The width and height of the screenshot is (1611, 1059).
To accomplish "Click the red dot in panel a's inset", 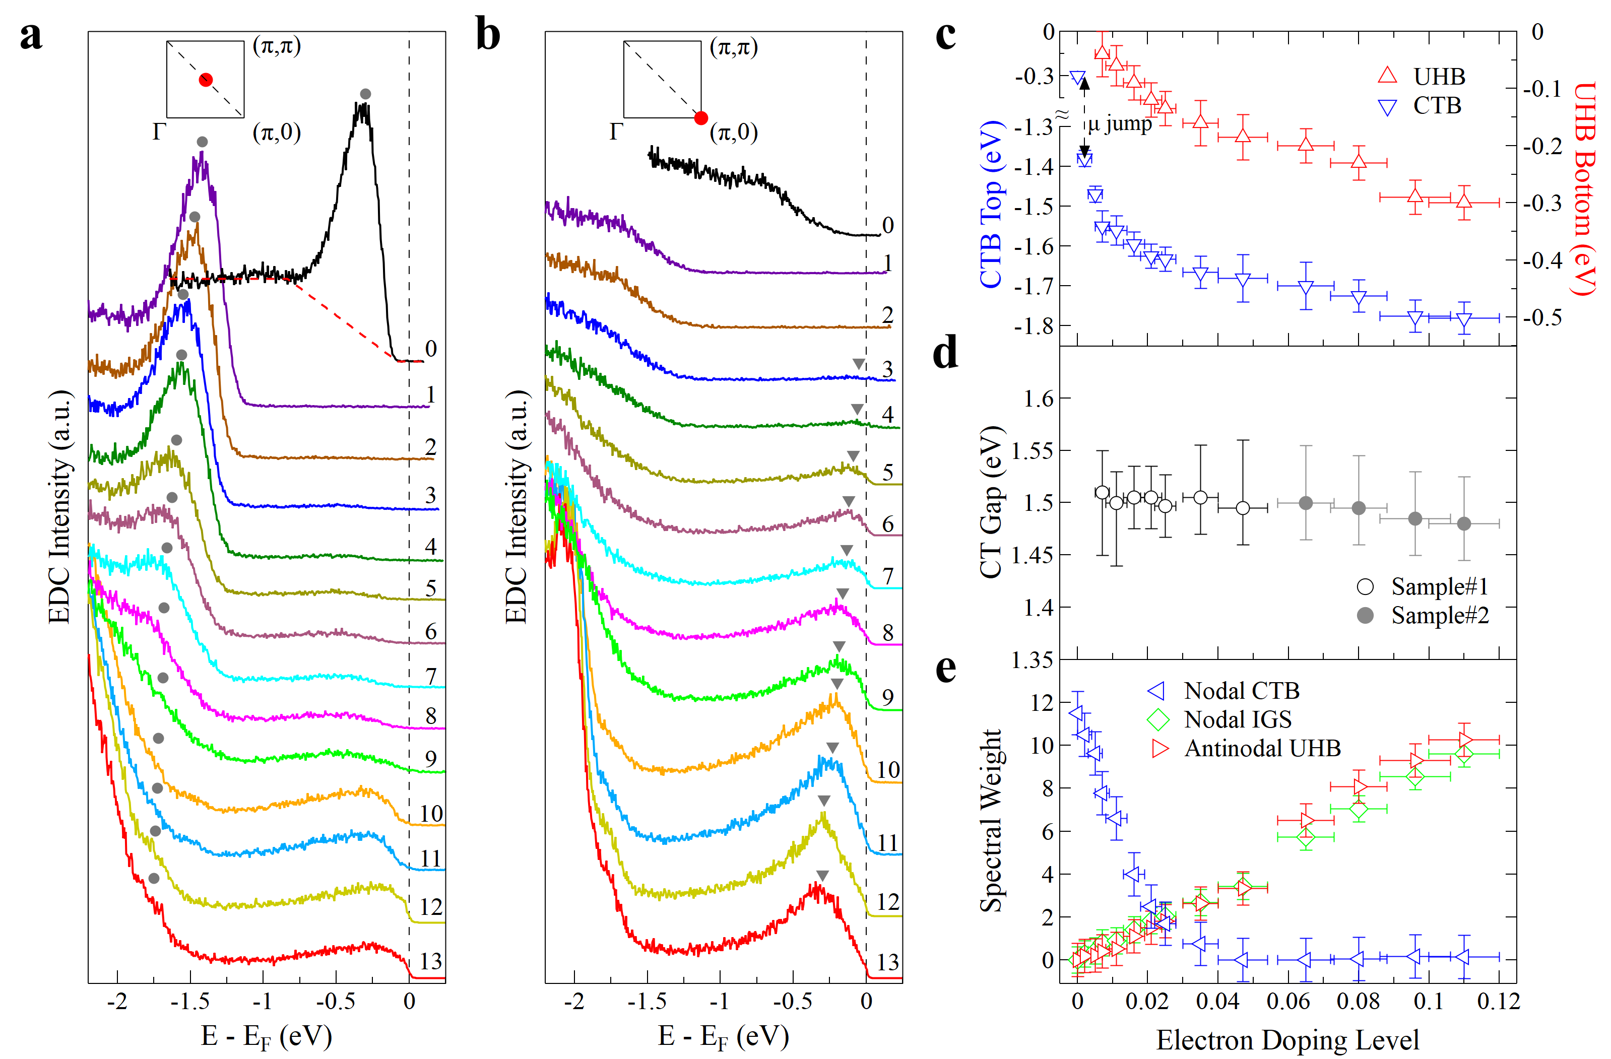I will tap(206, 80).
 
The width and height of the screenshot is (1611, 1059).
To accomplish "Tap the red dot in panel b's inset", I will tap(701, 118).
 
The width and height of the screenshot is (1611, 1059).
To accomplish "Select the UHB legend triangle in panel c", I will tap(1388, 75).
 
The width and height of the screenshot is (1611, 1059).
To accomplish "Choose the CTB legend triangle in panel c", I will tap(1388, 107).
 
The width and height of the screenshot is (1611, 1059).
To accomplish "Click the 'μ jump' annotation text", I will tap(1120, 124).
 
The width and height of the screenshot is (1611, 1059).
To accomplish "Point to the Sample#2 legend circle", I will tap(1365, 616).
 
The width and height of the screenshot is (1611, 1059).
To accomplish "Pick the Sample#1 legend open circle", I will tap(1365, 586).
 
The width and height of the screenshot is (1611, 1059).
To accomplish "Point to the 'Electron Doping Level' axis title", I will tap(1287, 1040).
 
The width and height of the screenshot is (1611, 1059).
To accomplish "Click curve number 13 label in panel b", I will tap(887, 962).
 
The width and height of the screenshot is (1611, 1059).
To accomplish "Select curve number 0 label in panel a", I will tap(430, 349).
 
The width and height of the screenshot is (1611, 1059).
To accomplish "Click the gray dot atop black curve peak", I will tap(365, 94).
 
